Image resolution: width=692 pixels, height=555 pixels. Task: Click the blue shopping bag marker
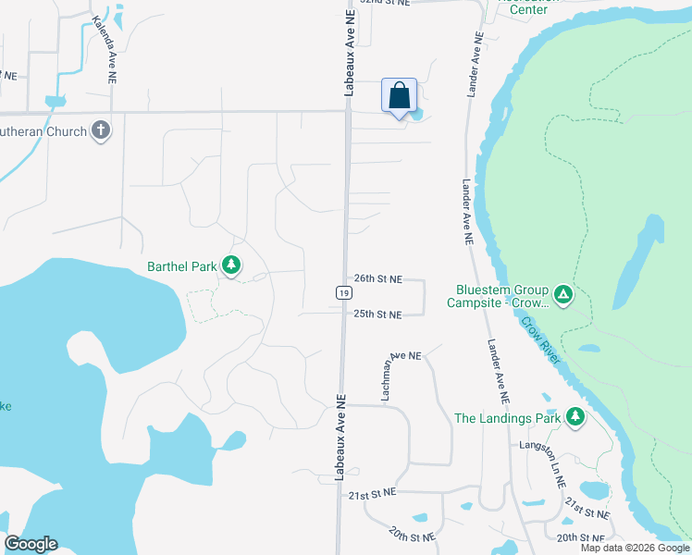pyautogui.click(x=399, y=96)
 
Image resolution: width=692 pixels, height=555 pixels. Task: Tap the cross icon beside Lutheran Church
pyautogui.click(x=102, y=131)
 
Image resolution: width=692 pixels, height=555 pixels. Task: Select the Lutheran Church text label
pyautogui.click(x=43, y=131)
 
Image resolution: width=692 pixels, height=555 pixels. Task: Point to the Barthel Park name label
pyautogui.click(x=181, y=267)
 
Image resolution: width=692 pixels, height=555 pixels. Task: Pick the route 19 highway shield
pyautogui.click(x=342, y=292)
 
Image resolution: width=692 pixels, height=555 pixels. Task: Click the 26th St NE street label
pyautogui.click(x=377, y=278)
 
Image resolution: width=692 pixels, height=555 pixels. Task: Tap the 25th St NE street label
pyautogui.click(x=377, y=314)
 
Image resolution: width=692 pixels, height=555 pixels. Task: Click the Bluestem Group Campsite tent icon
pyautogui.click(x=563, y=296)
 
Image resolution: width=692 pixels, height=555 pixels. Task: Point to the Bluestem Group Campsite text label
pyautogui.click(x=498, y=296)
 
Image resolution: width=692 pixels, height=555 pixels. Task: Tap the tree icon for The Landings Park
pyautogui.click(x=575, y=418)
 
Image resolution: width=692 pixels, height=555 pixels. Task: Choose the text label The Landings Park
pyautogui.click(x=508, y=418)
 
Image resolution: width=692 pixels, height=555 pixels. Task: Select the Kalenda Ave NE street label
pyautogui.click(x=105, y=45)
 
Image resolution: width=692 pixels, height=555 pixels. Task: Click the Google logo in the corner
pyautogui.click(x=31, y=544)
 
